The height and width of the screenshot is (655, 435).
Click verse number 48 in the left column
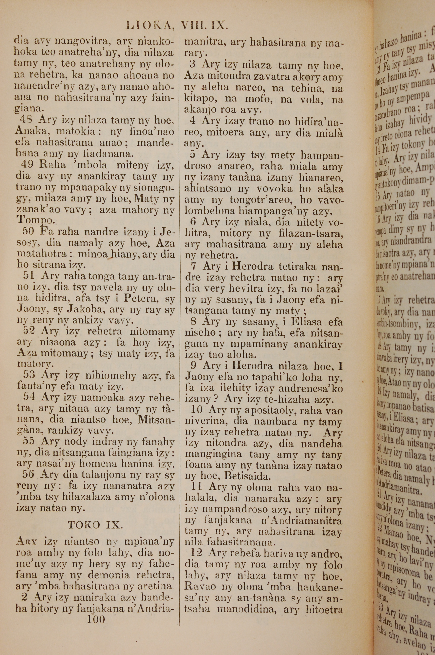click(26, 119)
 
